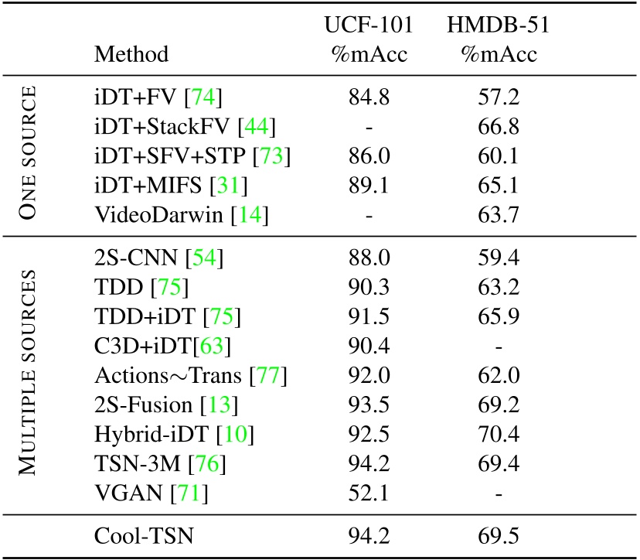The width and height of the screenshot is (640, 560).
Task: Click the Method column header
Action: coord(131,55)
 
